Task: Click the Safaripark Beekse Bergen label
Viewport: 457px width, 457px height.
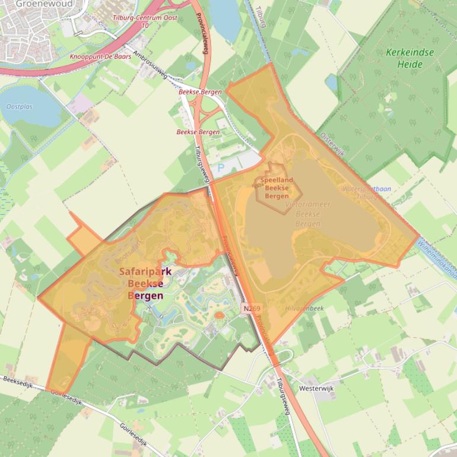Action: point(145,283)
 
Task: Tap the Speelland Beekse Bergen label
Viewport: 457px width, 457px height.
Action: point(277,188)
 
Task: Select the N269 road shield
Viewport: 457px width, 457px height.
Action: point(251,309)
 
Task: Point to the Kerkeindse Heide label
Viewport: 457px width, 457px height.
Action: point(410,58)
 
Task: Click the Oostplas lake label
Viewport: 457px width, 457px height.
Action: point(20,107)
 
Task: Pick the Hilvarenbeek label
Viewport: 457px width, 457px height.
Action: point(304,309)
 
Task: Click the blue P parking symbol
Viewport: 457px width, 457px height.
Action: point(221,169)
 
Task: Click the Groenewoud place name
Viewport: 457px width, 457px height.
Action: point(36,4)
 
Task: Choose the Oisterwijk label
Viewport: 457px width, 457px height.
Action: point(332,144)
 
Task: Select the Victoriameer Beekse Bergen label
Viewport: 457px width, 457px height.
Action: point(308,214)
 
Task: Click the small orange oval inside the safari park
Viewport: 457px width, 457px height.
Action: point(219,315)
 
